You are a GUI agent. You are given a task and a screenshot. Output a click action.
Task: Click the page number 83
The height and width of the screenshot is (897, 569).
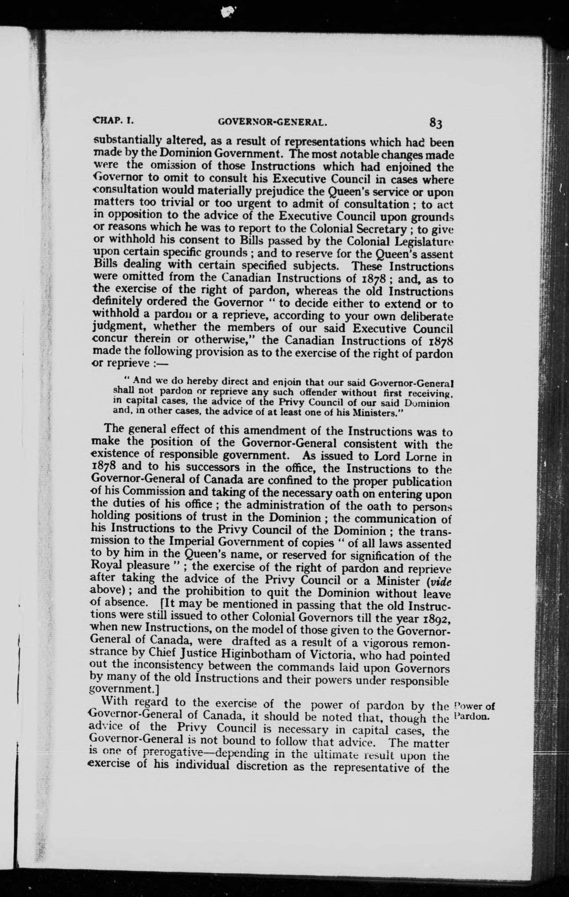click(436, 122)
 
